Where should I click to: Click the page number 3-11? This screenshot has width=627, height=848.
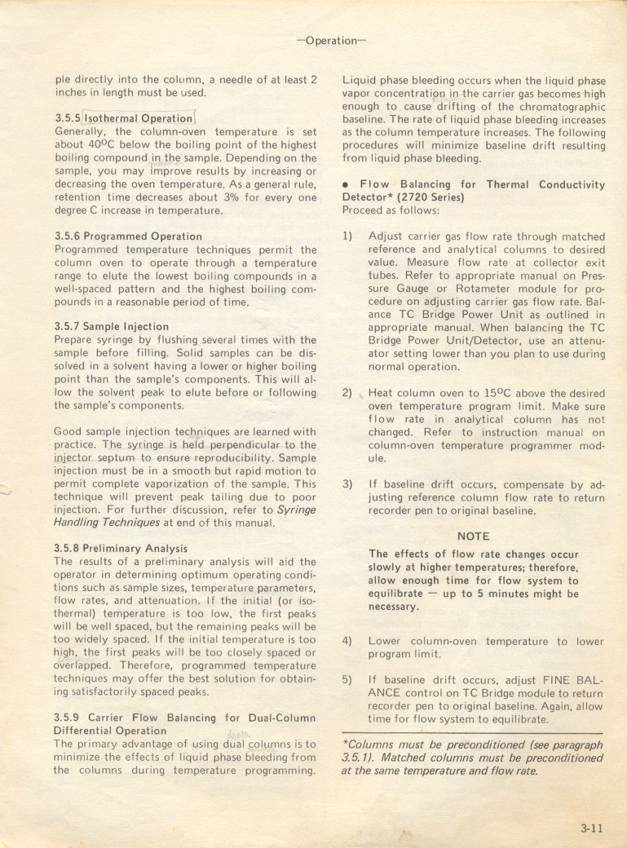[591, 829]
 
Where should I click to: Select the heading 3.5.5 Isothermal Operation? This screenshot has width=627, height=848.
[123, 118]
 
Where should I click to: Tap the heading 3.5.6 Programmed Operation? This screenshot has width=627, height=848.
[128, 236]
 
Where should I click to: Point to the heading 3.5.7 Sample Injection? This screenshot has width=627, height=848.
[112, 327]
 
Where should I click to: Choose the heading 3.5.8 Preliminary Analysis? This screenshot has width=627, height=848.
[121, 549]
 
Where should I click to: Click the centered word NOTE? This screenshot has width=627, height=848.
[474, 537]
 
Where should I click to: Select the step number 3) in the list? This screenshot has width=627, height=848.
[347, 484]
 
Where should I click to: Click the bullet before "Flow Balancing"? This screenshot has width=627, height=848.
[346, 185]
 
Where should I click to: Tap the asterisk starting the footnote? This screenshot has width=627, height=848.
[345, 744]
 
